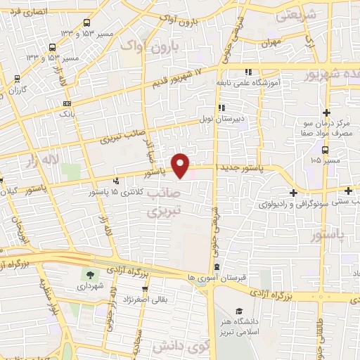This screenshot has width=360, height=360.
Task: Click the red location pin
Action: click(x=181, y=166)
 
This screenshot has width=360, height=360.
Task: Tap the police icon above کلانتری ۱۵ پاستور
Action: click(x=126, y=179)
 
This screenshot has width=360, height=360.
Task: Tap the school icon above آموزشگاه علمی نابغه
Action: click(x=247, y=72)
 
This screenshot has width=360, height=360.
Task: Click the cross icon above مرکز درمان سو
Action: click(x=326, y=112)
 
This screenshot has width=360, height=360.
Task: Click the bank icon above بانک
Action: click(x=67, y=103)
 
